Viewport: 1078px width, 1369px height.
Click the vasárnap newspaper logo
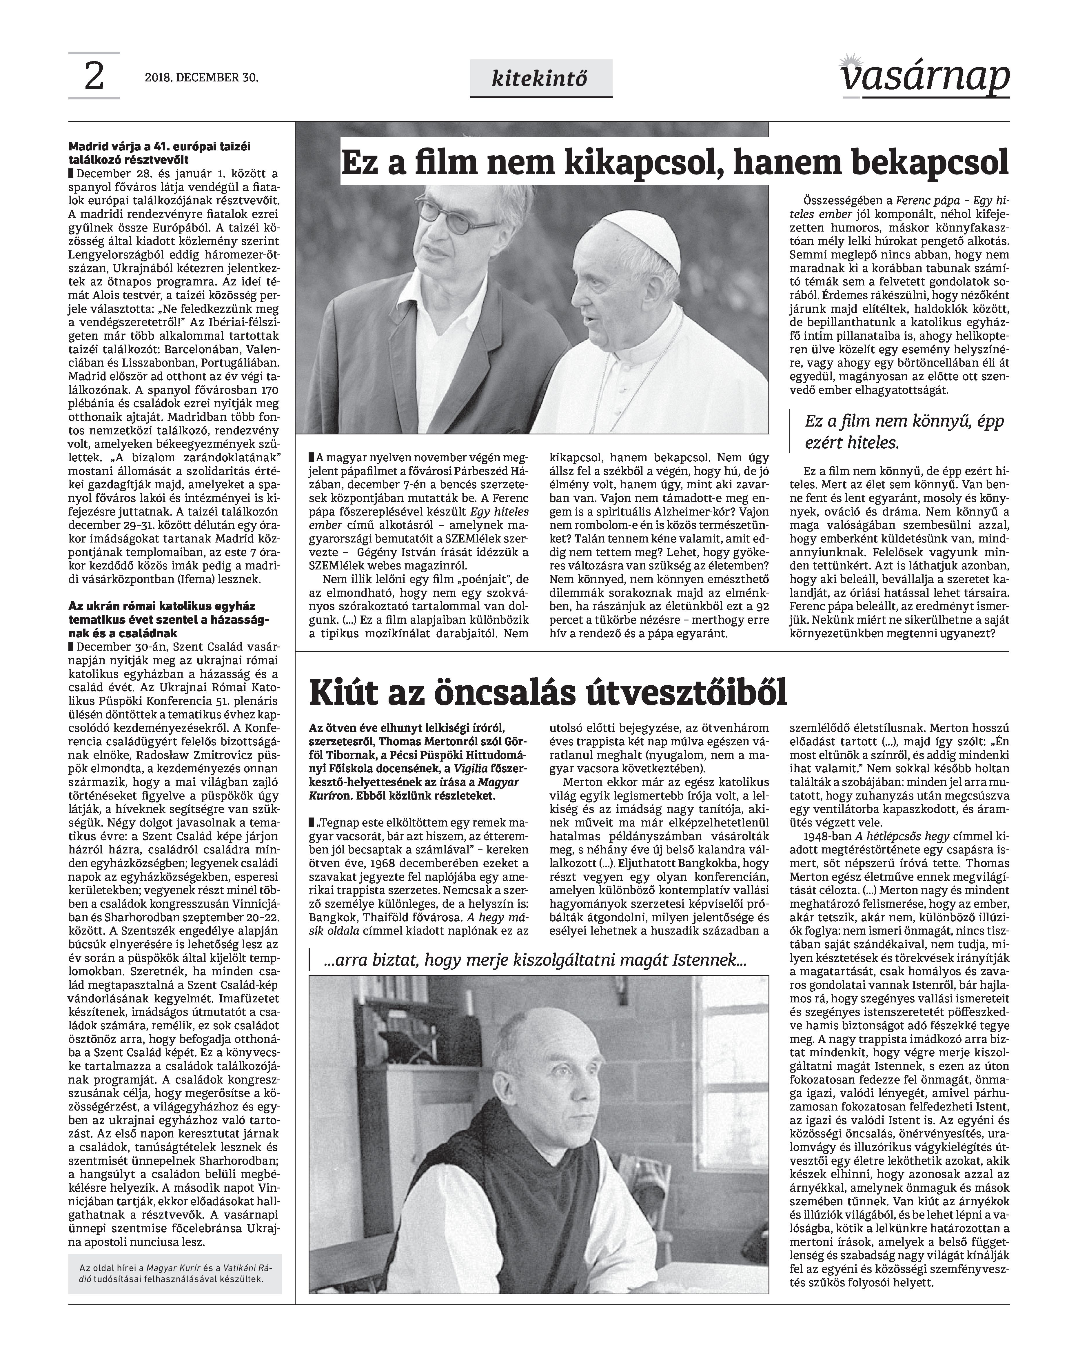925,77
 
